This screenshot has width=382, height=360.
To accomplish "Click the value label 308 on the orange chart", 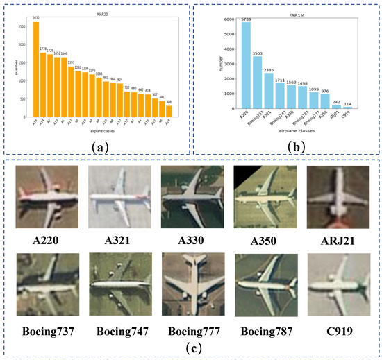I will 168,101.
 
